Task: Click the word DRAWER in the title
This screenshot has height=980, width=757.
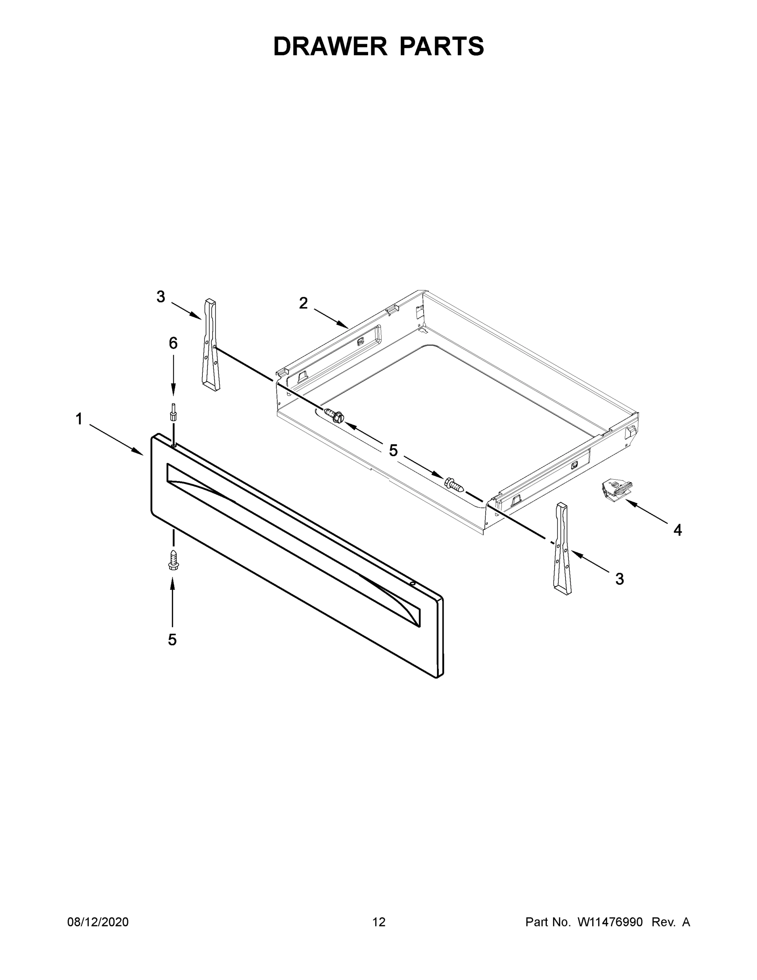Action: click(330, 46)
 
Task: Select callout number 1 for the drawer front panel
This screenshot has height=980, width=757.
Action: click(79, 419)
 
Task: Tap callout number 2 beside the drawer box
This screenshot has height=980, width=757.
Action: click(304, 304)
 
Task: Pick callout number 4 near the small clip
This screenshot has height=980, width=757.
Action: click(677, 530)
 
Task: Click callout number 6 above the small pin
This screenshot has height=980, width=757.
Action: click(173, 343)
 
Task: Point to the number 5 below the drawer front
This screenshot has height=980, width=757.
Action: click(172, 640)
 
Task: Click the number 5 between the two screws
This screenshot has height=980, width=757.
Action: click(393, 450)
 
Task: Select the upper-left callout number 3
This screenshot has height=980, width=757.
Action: click(160, 296)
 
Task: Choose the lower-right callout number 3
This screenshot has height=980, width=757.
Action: click(619, 579)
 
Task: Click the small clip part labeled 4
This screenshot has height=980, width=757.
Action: click(617, 488)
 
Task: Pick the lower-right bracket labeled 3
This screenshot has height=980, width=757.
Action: click(562, 549)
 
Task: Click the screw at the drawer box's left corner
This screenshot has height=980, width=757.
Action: click(334, 414)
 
